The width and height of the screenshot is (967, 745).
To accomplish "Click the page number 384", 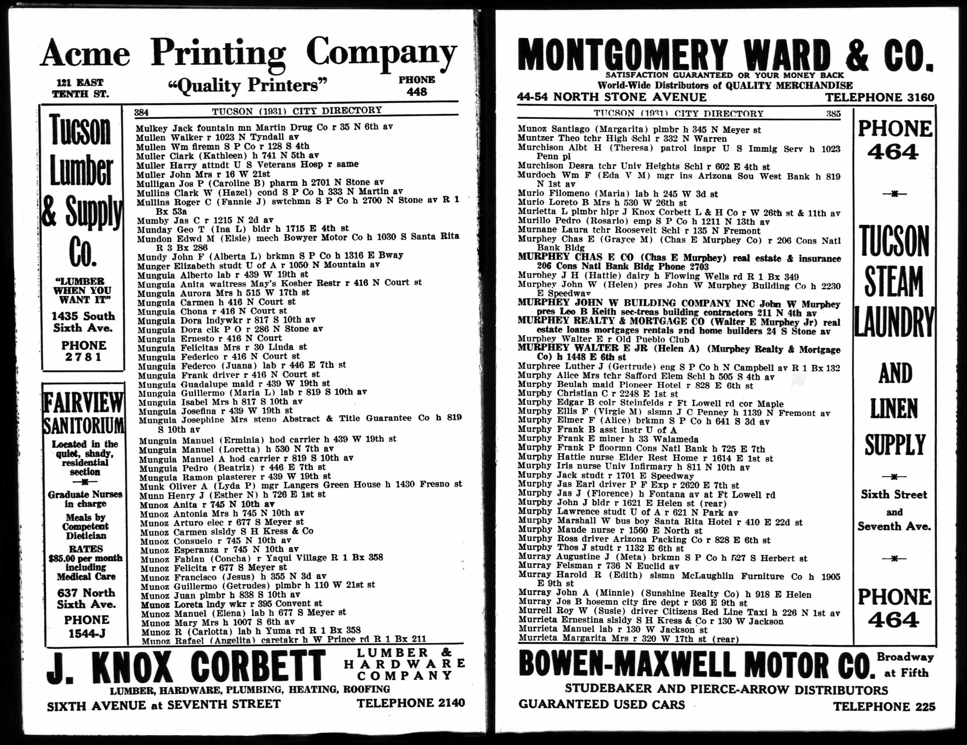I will point(141,112).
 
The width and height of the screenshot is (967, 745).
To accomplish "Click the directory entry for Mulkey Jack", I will point(264,127).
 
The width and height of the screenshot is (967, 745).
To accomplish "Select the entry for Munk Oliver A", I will point(301,485).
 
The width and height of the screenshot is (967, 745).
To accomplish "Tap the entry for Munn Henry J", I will point(233,495).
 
